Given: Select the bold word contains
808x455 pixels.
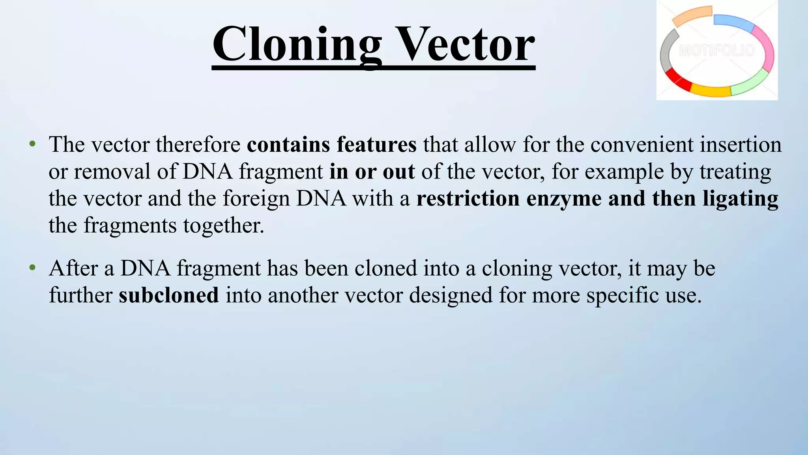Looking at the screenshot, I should pos(288,145).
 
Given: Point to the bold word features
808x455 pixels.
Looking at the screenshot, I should pos(376,145).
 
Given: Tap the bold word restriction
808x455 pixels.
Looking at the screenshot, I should pos(468,198).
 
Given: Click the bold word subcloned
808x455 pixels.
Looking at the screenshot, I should pos(168,295).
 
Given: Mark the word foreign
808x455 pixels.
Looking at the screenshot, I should pos(256,199).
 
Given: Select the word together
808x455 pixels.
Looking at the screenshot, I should pos(223,226).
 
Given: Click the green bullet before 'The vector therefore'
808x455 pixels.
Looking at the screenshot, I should pos(32,144).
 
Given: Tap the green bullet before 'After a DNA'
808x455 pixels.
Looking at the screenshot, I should pos(32,268).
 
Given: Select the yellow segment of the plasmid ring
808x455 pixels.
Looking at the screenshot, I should pos(710,90).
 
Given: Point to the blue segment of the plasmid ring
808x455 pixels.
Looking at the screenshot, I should pos(734,23).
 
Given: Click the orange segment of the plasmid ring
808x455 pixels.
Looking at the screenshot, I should pos(692,15).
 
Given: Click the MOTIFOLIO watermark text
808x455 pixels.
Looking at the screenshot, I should pos(717,51).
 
